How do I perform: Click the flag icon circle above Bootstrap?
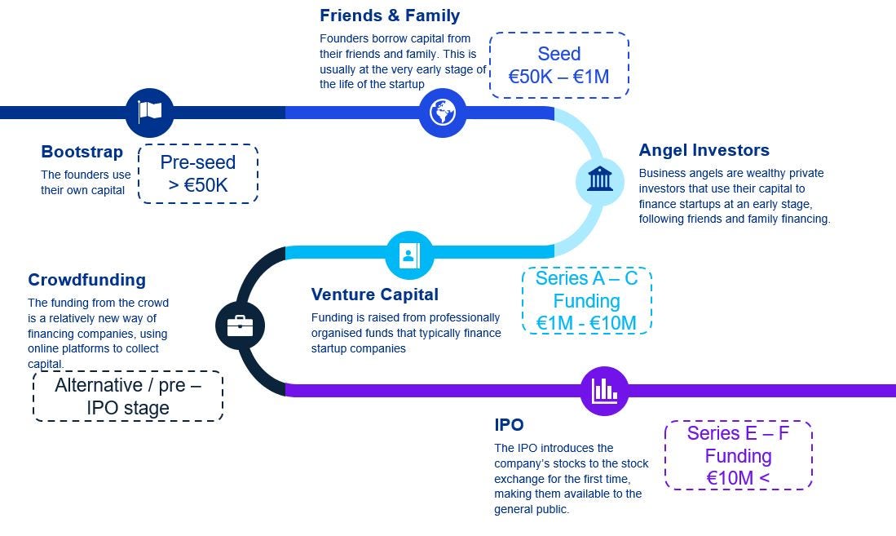pos(149,112)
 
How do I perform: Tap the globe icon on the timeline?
pos(442,112)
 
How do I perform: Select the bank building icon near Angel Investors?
pos(599,179)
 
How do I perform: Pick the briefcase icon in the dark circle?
pos(240,326)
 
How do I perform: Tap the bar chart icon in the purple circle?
pos(604,390)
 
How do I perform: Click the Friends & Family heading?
pos(390,16)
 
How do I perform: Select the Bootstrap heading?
pos(82,152)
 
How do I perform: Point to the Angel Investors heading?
pos(704,150)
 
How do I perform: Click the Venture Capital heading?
pos(374,295)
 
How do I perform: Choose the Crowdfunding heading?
pos(86,280)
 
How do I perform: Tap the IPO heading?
pos(509,425)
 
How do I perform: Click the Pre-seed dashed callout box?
pos(198,173)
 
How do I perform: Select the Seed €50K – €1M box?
pos(558,65)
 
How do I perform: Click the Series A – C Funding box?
pos(586,300)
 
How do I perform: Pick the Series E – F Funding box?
pos(738,455)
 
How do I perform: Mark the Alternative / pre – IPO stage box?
pos(128,396)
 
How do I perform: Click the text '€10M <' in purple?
pos(738,477)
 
